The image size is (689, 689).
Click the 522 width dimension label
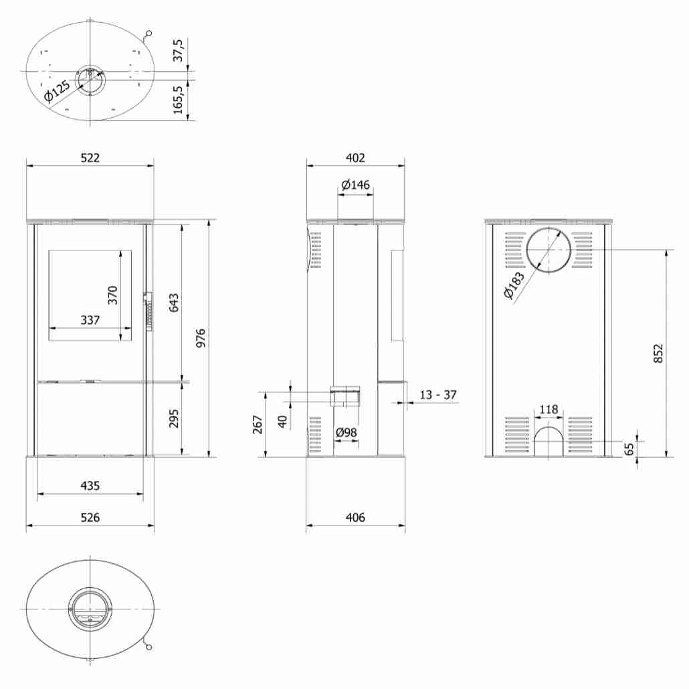point(90,158)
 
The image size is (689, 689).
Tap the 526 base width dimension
point(90,518)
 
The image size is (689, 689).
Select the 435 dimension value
point(90,485)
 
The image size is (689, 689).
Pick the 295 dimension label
point(174,419)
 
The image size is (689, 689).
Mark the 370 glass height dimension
point(112,295)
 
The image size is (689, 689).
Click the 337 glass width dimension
point(90,320)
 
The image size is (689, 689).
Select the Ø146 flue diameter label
point(355,185)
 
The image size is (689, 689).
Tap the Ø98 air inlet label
point(346,433)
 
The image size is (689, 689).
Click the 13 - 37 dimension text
point(437,395)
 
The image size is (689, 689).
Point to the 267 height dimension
point(258,425)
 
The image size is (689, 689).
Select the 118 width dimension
point(549,409)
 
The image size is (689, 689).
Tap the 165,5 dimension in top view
point(178,100)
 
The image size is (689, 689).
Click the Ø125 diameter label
point(58,92)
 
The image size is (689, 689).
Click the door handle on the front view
point(148,311)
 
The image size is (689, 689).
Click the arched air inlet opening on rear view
point(549,442)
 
